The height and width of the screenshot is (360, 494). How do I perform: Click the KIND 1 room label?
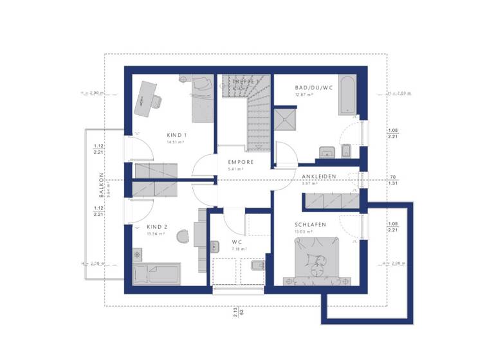click(176, 135)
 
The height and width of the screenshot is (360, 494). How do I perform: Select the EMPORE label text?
click(241, 162)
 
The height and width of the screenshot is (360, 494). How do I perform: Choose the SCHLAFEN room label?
click(311, 224)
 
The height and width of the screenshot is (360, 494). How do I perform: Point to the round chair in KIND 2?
click(183, 237)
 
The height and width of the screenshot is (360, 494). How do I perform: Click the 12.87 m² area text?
click(304, 94)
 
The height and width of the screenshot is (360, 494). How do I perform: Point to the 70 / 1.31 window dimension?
click(392, 180)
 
